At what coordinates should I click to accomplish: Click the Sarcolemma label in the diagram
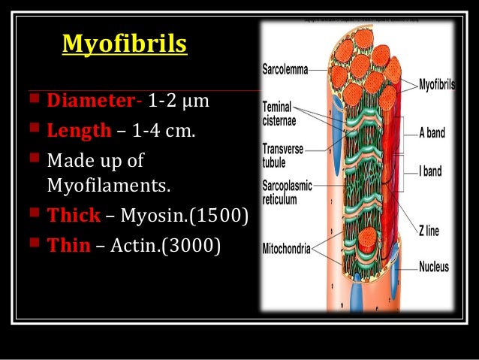click(285, 70)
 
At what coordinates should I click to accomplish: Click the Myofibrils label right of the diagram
click(437, 84)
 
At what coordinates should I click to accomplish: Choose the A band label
click(432, 133)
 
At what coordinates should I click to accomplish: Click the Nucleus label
click(433, 266)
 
